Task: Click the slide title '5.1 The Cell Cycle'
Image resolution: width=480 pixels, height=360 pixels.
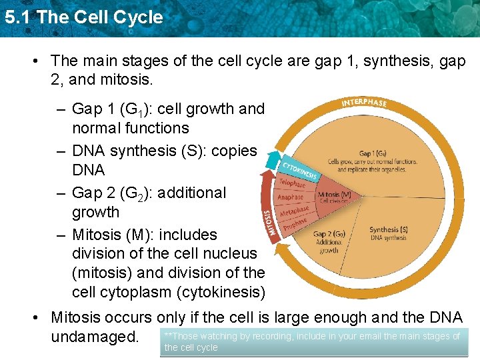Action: coord(83,17)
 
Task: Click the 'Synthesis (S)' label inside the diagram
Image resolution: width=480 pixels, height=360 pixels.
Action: coord(389,230)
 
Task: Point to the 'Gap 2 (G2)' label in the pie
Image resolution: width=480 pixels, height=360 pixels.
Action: coord(329,235)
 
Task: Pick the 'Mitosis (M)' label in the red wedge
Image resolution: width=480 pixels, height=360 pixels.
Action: coord(334,195)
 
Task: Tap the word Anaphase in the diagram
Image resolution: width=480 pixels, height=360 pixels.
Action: coord(291,197)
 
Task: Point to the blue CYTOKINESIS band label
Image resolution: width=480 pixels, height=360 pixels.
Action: coord(299,168)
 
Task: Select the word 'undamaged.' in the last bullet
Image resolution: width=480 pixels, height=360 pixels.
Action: coord(95,337)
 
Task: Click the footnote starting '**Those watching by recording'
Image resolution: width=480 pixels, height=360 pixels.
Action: coord(313,341)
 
